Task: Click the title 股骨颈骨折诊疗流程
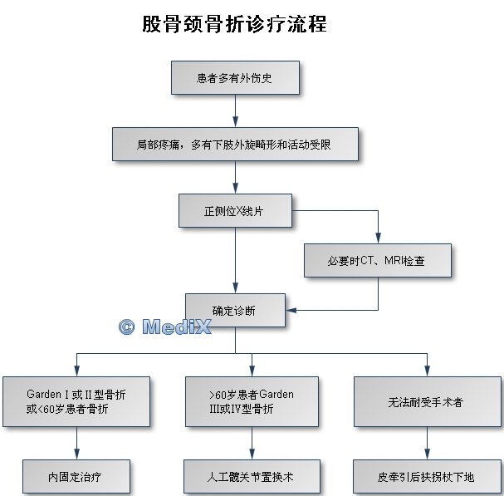point(234,24)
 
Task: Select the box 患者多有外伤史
point(235,78)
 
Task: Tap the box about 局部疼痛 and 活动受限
point(235,144)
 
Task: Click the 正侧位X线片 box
point(235,210)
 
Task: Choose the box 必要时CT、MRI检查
point(378,260)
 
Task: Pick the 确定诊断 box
point(235,310)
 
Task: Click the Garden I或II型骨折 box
point(76,400)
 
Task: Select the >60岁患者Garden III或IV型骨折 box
point(252,400)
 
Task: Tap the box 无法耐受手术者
point(427,401)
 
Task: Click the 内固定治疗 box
point(76,477)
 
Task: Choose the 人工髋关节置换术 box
point(252,477)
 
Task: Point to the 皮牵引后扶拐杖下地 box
point(427,477)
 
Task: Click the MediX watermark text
point(176,327)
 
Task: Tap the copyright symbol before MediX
point(126,327)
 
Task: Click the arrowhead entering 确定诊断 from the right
point(291,310)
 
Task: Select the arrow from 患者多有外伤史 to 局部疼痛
point(235,110)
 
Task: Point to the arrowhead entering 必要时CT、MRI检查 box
point(378,238)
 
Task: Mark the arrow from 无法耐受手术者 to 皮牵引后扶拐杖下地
point(427,443)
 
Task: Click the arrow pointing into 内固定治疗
point(76,454)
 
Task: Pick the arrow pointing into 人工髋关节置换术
point(252,454)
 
